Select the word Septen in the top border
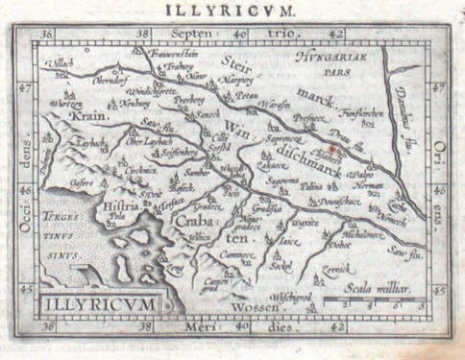pyautogui.click(x=186, y=34)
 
